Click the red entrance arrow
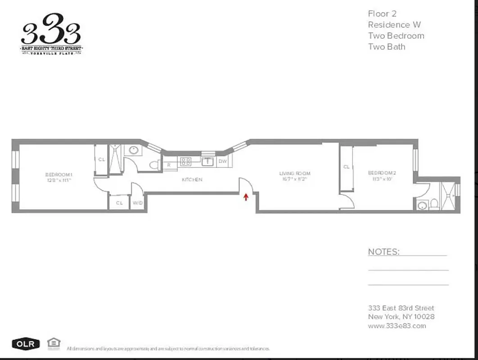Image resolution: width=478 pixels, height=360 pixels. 246,197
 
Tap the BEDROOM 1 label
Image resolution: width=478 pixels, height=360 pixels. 59,175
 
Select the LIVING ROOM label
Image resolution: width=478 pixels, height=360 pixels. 295,173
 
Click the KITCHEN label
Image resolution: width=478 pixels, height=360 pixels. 192,180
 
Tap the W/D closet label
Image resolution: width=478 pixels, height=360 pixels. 137,203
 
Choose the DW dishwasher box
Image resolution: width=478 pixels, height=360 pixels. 222,162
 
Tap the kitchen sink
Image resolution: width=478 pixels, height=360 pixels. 207,161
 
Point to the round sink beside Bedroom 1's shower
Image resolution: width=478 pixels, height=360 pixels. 134,150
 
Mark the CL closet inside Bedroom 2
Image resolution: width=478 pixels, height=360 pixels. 347,167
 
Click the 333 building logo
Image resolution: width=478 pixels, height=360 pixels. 51,34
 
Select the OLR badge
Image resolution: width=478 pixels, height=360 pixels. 26,344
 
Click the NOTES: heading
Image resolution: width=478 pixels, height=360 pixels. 383,252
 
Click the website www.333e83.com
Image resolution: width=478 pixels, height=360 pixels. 397,326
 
